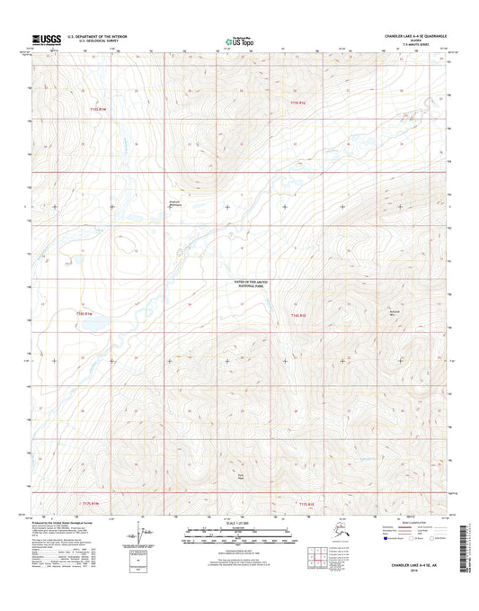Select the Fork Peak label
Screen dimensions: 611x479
point(240,477)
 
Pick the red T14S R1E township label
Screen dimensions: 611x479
point(299,315)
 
